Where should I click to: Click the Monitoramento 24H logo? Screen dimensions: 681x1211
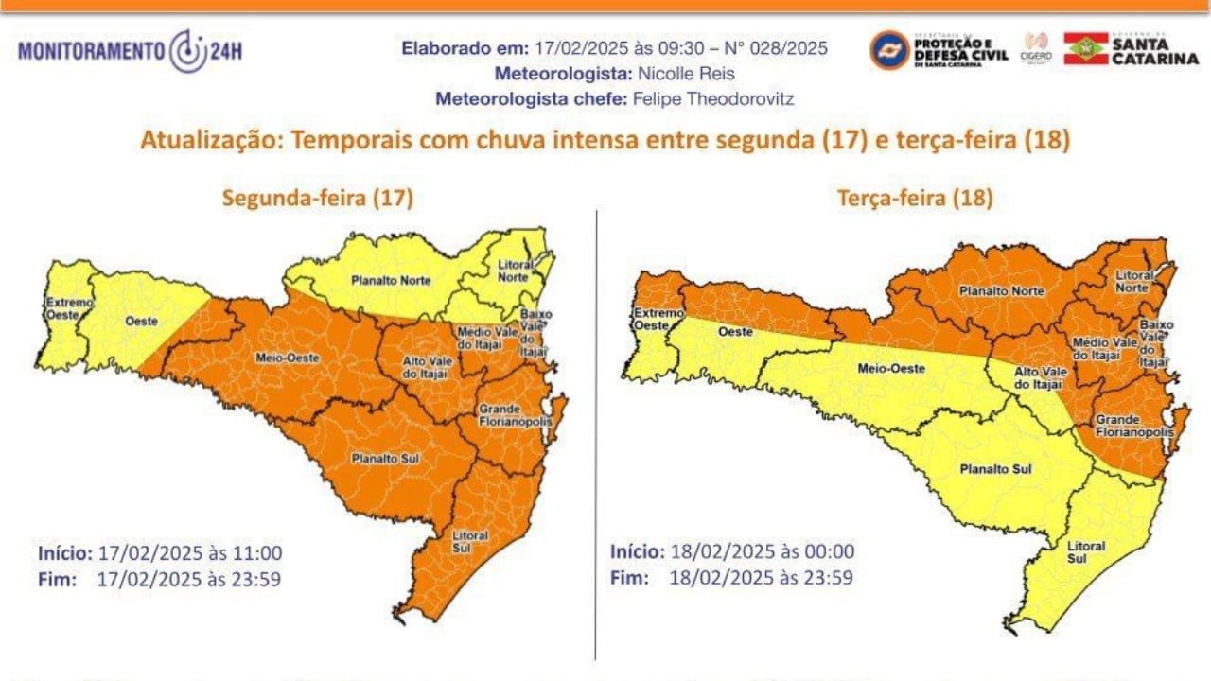(130, 51)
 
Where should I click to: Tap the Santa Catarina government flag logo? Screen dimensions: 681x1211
(1086, 48)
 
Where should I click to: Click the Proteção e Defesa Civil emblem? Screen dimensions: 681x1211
(889, 49)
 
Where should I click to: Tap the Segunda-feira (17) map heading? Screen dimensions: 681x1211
(317, 198)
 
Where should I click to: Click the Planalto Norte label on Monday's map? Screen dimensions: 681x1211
(391, 281)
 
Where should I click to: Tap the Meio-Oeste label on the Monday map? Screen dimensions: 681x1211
(274, 358)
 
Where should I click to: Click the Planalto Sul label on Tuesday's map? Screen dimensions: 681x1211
(994, 469)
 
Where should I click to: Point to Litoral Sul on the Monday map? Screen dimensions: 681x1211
(470, 541)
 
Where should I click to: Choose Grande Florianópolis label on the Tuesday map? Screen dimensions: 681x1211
(1132, 426)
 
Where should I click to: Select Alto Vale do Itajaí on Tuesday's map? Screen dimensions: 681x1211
(1039, 378)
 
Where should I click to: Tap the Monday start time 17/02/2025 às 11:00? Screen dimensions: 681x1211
(189, 552)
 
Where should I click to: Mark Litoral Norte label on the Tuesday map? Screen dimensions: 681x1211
(1133, 281)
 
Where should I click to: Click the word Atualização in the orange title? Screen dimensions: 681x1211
(212, 141)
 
